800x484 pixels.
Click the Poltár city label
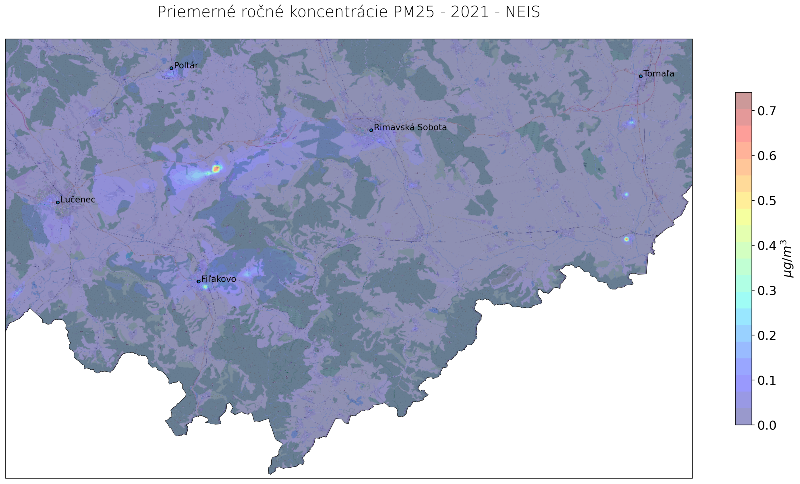coord(186,66)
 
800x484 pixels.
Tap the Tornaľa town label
coord(659,74)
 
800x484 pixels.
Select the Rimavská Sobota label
coord(410,128)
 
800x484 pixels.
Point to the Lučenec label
coord(78,200)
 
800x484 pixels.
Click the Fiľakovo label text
coord(218,279)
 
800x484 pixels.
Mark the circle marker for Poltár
coord(171,68)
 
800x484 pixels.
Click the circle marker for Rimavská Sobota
coord(371,130)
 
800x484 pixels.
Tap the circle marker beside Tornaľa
coord(641,76)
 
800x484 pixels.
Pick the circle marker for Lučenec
coord(58,202)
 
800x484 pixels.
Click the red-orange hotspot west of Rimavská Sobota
coord(216,169)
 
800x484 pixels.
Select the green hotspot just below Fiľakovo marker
coord(205,287)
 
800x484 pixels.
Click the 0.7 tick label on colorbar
coord(767,111)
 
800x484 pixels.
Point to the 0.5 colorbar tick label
coord(767,201)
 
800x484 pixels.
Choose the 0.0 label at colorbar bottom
coord(767,425)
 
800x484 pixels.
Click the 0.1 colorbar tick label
coord(767,381)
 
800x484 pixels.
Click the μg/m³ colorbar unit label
coord(788,258)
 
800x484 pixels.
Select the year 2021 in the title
coord(469,12)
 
